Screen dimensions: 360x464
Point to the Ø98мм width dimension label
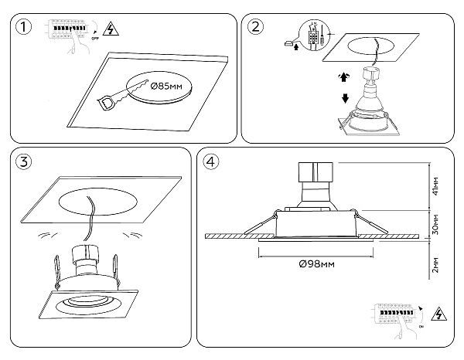(315, 265)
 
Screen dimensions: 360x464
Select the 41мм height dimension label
(435, 185)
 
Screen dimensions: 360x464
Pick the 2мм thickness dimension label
(435, 266)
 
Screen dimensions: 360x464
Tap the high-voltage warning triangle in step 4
(442, 314)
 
